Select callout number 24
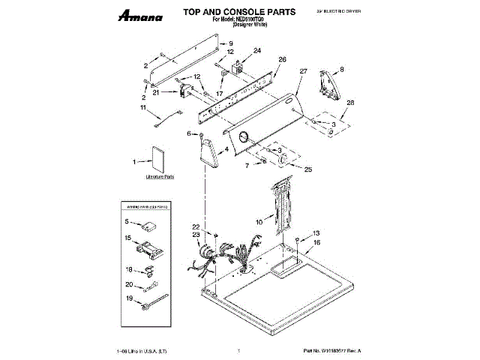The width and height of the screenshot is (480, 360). point(257,51)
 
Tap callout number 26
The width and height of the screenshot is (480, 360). point(282,59)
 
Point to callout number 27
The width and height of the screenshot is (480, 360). point(303,71)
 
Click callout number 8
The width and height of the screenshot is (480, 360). point(342,69)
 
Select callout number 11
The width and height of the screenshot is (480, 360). point(142,108)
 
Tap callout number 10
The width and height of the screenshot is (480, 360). point(259,222)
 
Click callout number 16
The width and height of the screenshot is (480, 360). point(316,243)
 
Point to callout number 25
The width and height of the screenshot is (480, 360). point(307,170)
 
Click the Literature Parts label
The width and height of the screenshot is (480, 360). point(159,177)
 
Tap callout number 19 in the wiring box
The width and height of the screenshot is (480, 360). point(129,298)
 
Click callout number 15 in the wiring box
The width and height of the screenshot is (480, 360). point(128,238)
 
